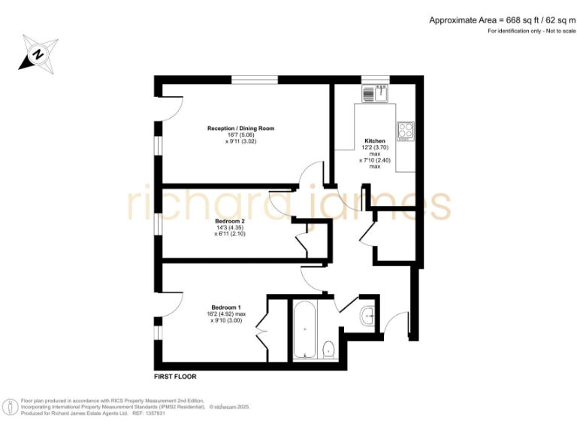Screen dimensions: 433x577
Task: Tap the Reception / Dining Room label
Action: (x=240, y=129)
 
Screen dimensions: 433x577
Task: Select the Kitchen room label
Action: (x=375, y=141)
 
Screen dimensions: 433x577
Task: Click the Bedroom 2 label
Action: (x=229, y=221)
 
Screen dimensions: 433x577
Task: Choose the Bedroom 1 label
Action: (x=226, y=307)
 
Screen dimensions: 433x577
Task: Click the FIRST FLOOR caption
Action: (x=175, y=376)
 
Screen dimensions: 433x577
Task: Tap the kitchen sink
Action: (x=373, y=94)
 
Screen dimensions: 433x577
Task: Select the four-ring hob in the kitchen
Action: (x=406, y=131)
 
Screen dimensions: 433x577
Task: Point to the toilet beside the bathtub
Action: (x=328, y=350)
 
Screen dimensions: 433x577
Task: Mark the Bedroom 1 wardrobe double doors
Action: (x=262, y=330)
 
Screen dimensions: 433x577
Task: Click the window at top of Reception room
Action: (x=254, y=80)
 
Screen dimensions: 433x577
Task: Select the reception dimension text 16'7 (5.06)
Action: (x=240, y=135)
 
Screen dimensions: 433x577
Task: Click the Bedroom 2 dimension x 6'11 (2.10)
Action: (x=229, y=234)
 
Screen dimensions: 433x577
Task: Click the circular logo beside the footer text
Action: (x=11, y=407)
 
